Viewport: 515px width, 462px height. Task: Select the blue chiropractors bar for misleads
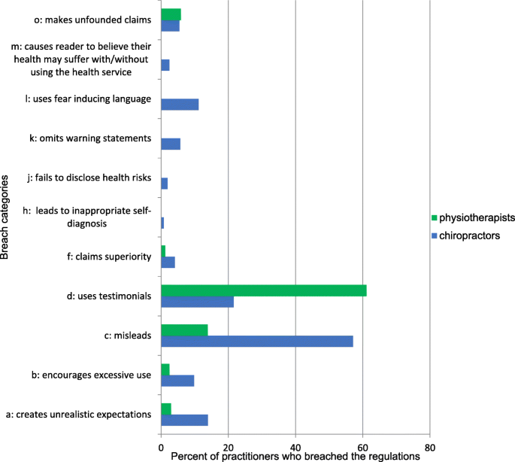[x=256, y=341]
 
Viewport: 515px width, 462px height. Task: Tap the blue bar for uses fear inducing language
[x=180, y=105]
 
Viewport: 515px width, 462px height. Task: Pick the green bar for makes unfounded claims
[x=171, y=14]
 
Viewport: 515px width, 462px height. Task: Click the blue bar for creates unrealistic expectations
[x=184, y=420]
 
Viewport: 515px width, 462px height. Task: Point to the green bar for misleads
[x=184, y=330]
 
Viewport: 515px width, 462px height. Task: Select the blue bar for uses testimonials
[x=197, y=302]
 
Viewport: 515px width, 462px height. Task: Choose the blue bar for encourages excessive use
[x=177, y=381]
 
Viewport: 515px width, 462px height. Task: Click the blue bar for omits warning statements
[x=171, y=144]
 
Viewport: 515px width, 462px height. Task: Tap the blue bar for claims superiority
[x=168, y=263]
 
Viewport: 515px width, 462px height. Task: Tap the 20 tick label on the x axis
[x=229, y=445]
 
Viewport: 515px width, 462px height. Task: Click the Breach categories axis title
[x=7, y=217]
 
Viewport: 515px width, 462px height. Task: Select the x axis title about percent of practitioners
[x=295, y=455]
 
